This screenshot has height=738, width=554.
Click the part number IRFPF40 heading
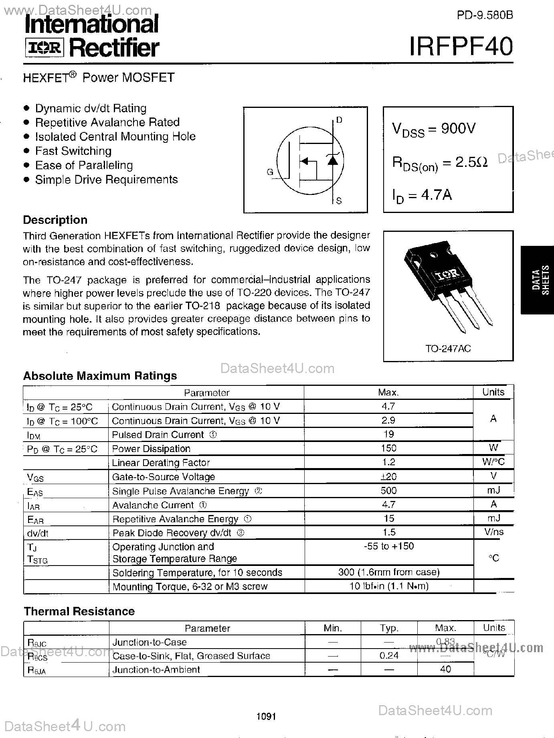(461, 46)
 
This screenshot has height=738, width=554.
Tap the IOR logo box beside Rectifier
(44, 48)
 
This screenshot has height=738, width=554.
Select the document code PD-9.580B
(485, 15)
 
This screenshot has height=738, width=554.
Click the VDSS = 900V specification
(433, 129)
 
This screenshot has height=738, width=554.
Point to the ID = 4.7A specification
(422, 195)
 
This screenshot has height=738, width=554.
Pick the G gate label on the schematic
(270, 172)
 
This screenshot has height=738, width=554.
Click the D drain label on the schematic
(339, 120)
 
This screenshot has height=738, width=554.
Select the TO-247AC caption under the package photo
(448, 349)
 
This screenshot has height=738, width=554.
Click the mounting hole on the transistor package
(433, 255)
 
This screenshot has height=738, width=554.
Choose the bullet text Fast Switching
(73, 151)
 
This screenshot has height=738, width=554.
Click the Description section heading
(55, 220)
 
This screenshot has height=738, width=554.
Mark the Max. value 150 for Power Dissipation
(388, 448)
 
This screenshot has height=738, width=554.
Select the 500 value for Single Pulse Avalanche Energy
(388, 490)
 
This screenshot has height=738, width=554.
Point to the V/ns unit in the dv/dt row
(493, 532)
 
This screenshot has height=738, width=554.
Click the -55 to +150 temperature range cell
(388, 546)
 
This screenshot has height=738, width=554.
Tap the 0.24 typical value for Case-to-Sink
(388, 655)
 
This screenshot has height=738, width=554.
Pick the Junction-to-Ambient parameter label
(156, 669)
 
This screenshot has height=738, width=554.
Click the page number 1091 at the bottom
(266, 716)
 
